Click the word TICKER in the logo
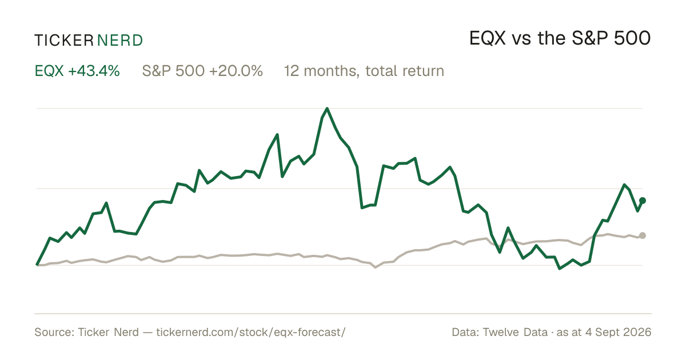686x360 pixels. [64, 41]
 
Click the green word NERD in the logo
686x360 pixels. [120, 41]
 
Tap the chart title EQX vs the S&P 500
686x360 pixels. [560, 38]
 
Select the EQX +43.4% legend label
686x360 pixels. [77, 71]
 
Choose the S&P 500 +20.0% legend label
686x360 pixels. [202, 71]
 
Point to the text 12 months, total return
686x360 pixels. [364, 71]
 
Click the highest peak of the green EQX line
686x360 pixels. [327, 109]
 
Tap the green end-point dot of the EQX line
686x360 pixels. [643, 201]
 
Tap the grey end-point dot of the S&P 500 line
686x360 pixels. [643, 235]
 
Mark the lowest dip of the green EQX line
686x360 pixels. [560, 269]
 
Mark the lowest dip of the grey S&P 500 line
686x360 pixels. [376, 267]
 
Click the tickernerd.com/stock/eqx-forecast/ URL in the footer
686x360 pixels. [251, 332]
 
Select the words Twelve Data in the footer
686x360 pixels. [515, 332]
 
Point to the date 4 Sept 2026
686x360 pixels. [619, 332]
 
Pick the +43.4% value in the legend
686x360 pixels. [94, 71]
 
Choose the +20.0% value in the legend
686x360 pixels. [236, 71]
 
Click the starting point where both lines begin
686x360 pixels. [37, 265]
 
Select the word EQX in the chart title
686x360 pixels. [488, 38]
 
